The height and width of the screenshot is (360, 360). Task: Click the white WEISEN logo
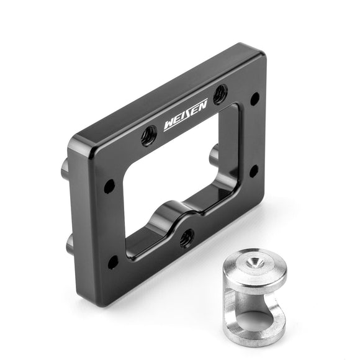click(186, 115)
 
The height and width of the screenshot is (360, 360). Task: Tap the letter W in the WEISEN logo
click(169, 125)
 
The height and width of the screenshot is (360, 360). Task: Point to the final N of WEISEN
click(202, 106)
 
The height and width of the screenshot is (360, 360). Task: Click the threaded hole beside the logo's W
click(149, 136)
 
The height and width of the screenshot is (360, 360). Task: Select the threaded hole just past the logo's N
click(220, 94)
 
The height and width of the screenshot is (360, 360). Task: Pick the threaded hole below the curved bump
click(187, 238)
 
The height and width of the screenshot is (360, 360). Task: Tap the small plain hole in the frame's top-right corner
click(254, 99)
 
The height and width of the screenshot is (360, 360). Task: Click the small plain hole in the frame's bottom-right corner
click(253, 171)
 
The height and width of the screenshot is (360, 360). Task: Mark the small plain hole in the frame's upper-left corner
click(109, 186)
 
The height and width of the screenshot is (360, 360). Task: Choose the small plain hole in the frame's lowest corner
click(113, 262)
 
